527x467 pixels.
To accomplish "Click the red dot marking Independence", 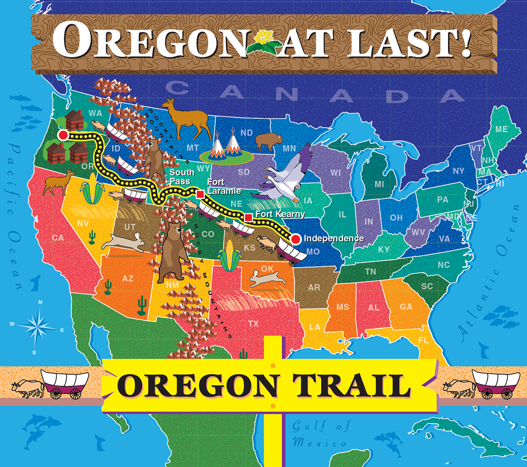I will pos(295,239).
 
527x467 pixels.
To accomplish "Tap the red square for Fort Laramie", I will pos(201,194).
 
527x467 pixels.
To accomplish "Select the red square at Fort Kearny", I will pos(248,217).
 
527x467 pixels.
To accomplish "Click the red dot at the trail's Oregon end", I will pos(63,135).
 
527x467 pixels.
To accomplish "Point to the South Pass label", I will pos(181,177).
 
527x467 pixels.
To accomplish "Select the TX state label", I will pos(253,324).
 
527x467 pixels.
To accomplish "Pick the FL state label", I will pos(423,340).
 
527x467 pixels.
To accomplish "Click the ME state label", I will pos(501,129).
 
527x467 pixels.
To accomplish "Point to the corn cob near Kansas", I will pos(230,256).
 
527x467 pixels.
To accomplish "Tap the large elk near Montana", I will pos(185,118).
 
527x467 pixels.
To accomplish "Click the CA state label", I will pos(58,238).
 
